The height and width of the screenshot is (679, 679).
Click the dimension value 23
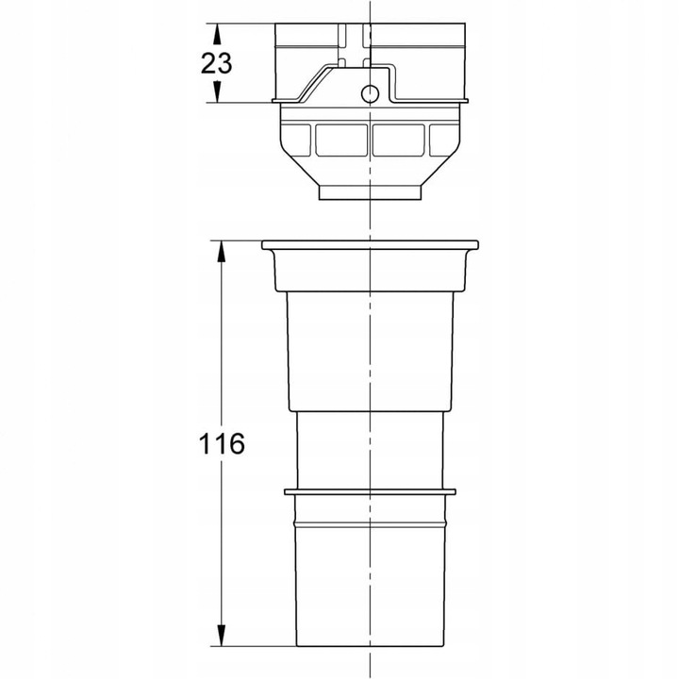tap(218, 64)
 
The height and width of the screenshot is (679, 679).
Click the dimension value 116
tap(223, 443)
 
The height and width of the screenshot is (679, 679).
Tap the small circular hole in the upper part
tap(371, 92)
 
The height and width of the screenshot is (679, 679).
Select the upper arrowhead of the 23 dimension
tap(219, 32)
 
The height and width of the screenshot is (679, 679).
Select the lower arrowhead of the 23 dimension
tap(219, 93)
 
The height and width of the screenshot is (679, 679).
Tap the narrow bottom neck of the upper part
tap(370, 193)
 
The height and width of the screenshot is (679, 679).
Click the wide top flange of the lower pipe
tap(370, 246)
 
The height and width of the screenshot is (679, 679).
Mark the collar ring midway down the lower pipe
tap(370, 491)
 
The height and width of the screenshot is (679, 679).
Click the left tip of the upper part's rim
tap(273, 99)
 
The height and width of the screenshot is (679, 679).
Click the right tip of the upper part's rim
tap(468, 99)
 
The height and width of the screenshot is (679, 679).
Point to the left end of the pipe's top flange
tap(264, 246)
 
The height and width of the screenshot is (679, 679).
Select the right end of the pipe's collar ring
tap(455, 491)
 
